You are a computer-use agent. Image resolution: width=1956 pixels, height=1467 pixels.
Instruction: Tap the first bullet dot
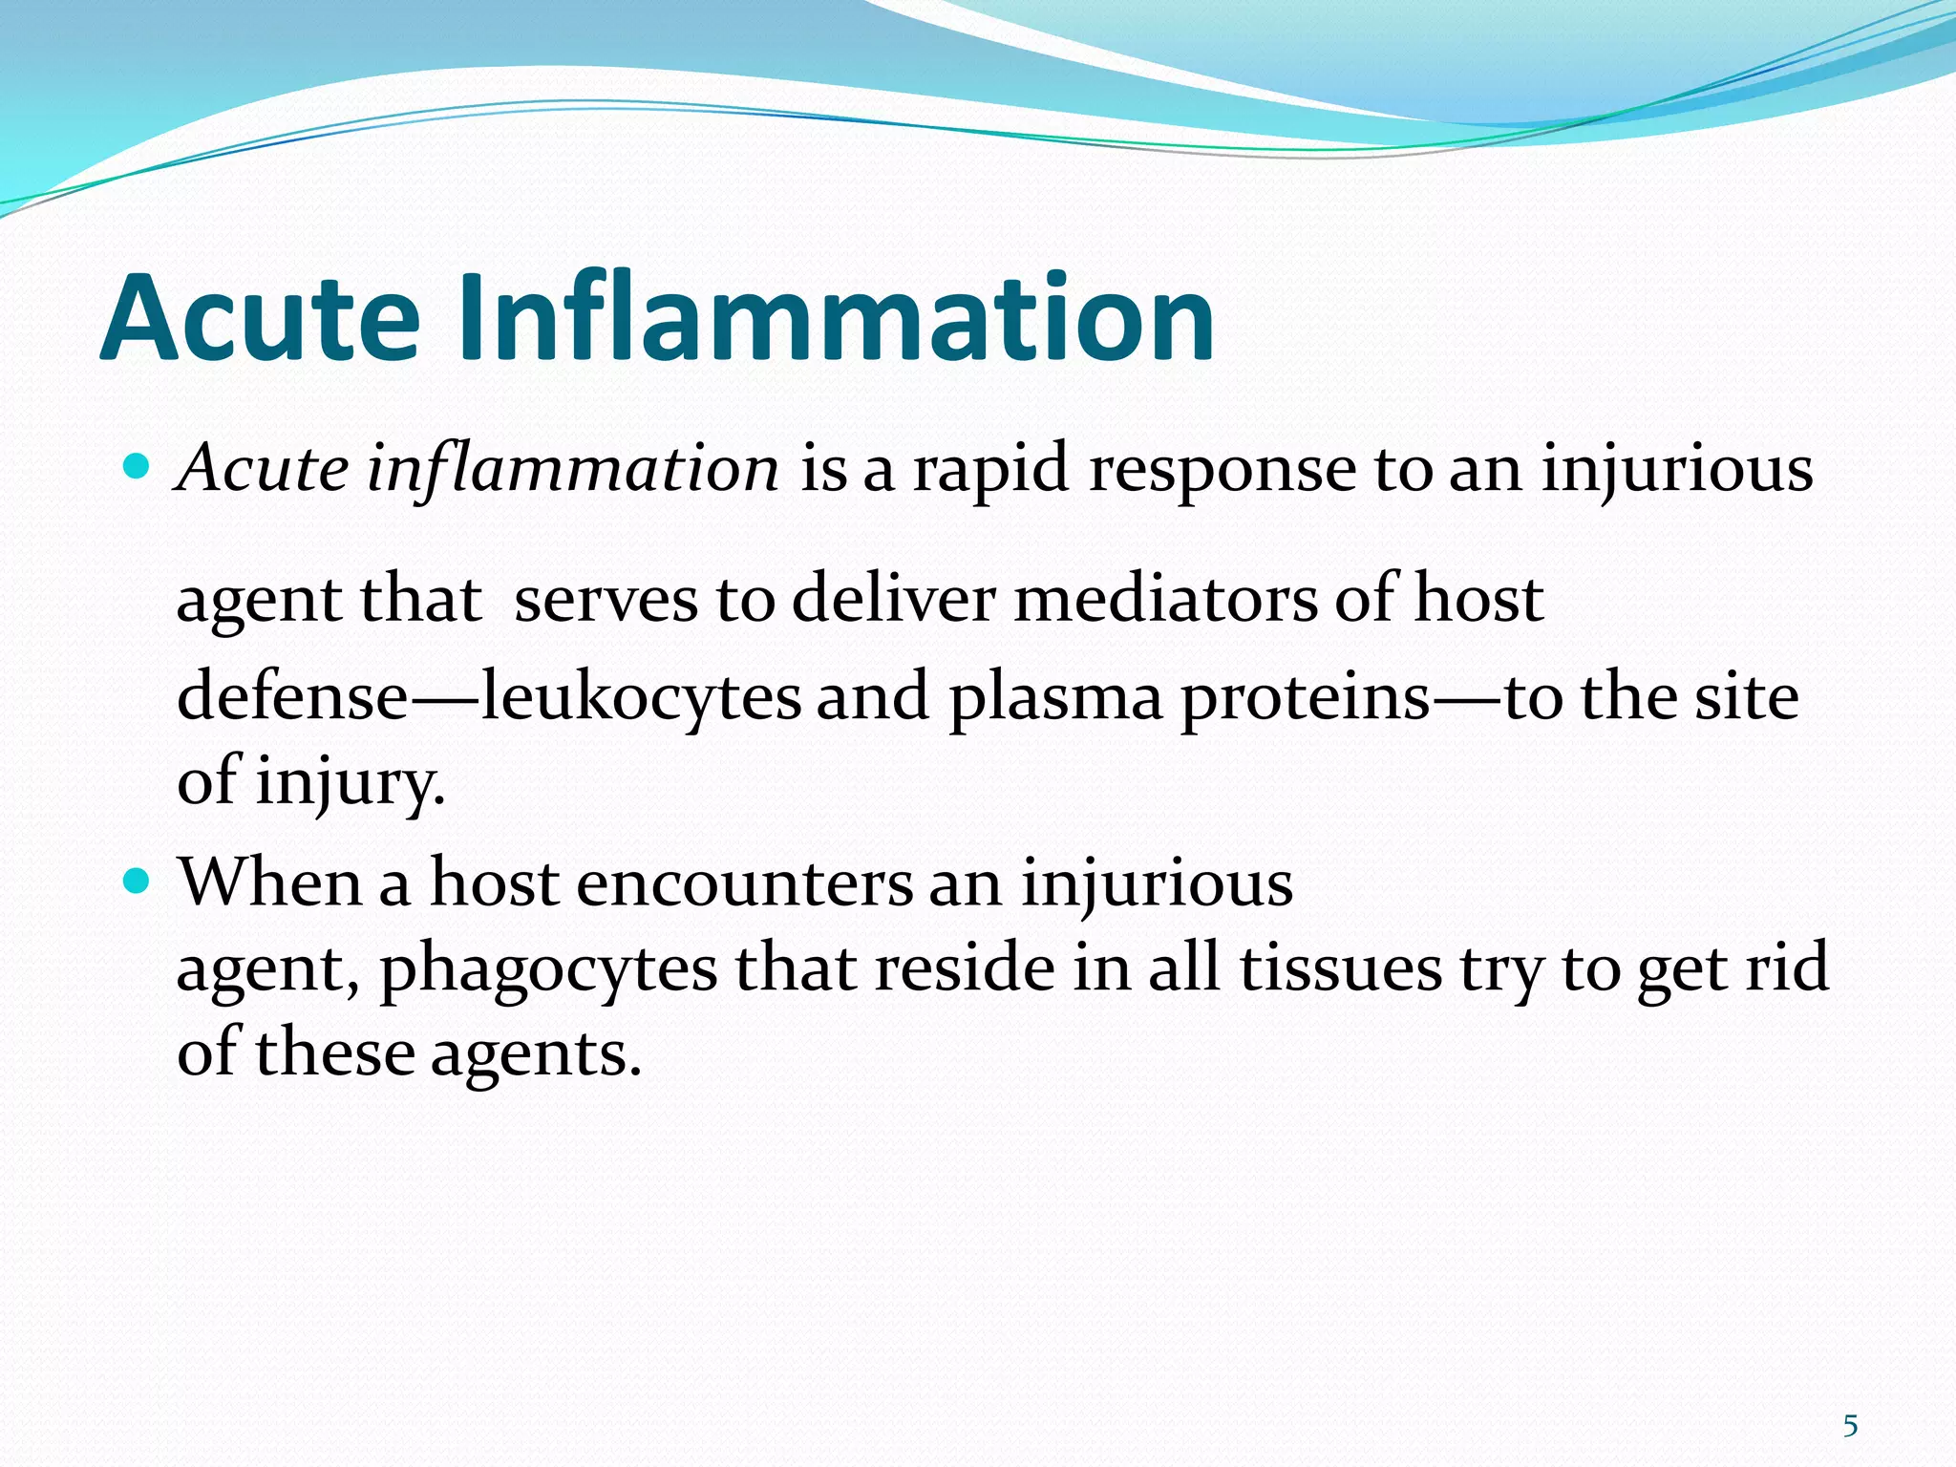tap(138, 467)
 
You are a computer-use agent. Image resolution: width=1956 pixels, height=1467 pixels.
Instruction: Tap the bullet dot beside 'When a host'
tap(138, 880)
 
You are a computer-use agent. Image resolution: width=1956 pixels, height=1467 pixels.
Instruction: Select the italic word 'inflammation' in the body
tap(573, 469)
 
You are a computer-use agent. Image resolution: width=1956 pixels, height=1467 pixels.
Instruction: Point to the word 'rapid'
tap(990, 471)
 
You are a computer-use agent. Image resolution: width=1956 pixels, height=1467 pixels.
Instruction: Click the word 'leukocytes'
tap(641, 697)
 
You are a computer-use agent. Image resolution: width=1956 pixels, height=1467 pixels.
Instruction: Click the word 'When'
tap(270, 882)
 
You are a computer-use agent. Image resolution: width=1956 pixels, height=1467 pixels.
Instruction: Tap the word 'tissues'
tap(1341, 968)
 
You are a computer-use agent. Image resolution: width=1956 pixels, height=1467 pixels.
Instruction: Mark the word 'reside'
tap(963, 968)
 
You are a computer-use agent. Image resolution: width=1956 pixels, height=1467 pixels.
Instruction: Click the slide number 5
tap(1850, 1426)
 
